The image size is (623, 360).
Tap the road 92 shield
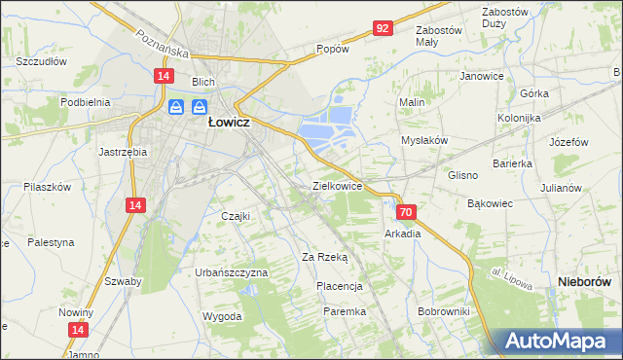point(382,29)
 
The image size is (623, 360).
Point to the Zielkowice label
point(337,185)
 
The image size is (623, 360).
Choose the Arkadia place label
point(402,234)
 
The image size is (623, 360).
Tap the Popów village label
point(332,49)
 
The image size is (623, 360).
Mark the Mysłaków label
point(424,140)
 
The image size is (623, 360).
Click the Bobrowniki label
point(443,311)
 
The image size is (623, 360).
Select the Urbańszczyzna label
point(231,272)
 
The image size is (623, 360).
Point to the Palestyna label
point(51,242)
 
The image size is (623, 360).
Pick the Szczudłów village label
point(41,60)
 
